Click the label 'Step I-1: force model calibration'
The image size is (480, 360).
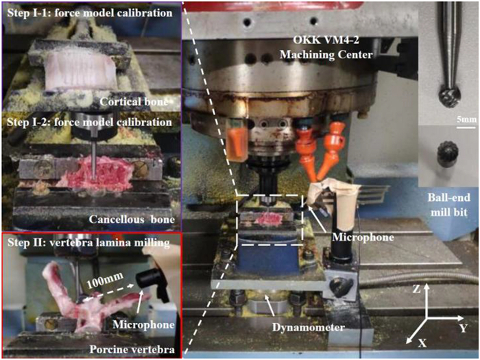coord(90,13)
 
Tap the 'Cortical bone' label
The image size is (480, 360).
coord(134,101)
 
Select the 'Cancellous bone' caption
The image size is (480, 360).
coord(132,219)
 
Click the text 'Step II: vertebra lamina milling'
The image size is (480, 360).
coord(88,243)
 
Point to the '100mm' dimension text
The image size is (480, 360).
coord(105,280)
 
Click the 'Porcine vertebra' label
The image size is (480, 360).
coord(132,350)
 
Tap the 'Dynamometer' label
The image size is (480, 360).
coord(309,328)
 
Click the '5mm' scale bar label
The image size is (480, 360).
coord(466,119)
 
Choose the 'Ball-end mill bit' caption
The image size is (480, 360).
coord(448,204)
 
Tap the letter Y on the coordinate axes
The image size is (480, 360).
coord(463,328)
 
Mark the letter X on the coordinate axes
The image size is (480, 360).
coord(422,343)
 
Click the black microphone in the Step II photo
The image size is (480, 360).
coord(152,283)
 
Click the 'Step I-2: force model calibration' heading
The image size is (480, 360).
coord(89,122)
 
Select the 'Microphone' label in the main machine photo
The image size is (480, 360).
coord(363,237)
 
